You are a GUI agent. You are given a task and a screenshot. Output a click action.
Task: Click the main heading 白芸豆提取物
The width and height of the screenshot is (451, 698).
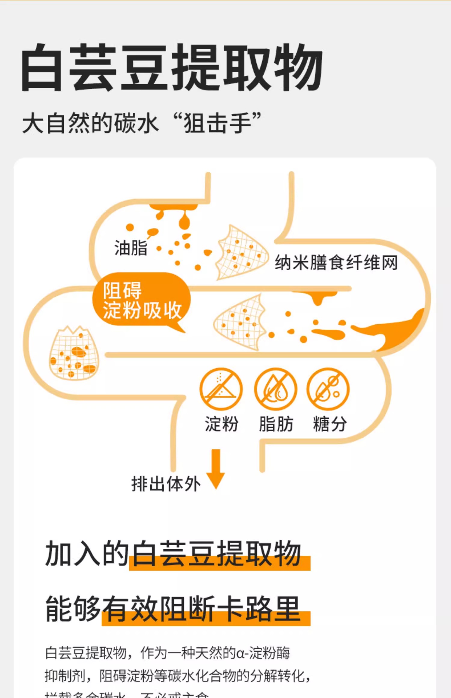[x=171, y=67]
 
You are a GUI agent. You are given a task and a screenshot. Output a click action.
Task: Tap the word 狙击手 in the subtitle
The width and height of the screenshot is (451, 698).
[x=218, y=123]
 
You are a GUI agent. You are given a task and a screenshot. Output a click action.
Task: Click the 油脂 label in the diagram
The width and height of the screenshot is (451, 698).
[x=131, y=248]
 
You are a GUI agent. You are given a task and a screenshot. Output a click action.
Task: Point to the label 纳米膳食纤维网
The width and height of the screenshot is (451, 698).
[x=336, y=262]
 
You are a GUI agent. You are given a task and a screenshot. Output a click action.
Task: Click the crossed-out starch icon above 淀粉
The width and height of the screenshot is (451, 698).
[x=221, y=389]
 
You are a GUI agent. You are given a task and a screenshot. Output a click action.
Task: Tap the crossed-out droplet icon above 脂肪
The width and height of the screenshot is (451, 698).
[x=275, y=389]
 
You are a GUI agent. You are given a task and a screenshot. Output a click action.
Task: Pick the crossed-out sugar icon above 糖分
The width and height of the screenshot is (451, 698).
[x=328, y=389]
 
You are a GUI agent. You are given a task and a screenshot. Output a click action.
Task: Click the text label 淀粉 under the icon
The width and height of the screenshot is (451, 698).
[x=222, y=424]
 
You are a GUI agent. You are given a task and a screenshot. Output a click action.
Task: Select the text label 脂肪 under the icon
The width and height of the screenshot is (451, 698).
[x=276, y=424]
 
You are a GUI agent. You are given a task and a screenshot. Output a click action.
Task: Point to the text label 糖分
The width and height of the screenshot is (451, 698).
[x=330, y=424]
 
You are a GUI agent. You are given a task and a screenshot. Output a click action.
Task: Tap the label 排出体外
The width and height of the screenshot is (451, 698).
[x=166, y=484]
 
